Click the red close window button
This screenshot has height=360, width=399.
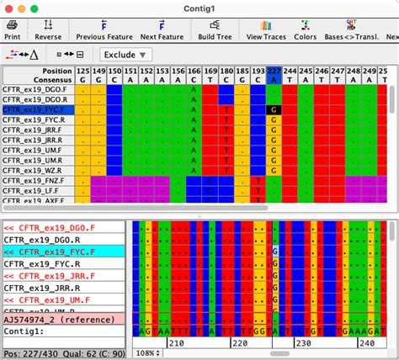(x=9, y=8)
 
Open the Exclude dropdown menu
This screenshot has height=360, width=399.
(x=120, y=55)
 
